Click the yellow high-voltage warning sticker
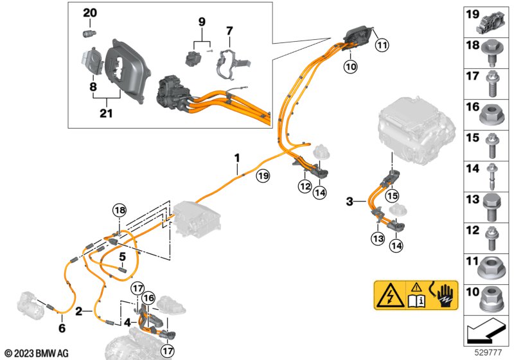coord(416,296)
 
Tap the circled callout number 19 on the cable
coord(262,175)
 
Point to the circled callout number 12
coord(303,187)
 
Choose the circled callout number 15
coord(391,195)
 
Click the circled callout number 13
coord(377,239)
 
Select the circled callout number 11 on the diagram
coord(382,44)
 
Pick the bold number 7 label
coord(229,30)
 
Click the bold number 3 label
coord(350,202)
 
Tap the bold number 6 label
coord(62,328)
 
